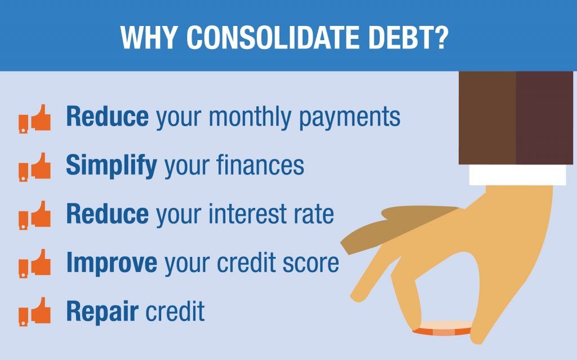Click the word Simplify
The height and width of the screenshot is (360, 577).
point(111,166)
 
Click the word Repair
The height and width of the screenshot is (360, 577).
point(101,312)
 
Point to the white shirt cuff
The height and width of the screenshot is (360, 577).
point(517,174)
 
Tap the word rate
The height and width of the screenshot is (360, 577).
point(313,215)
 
